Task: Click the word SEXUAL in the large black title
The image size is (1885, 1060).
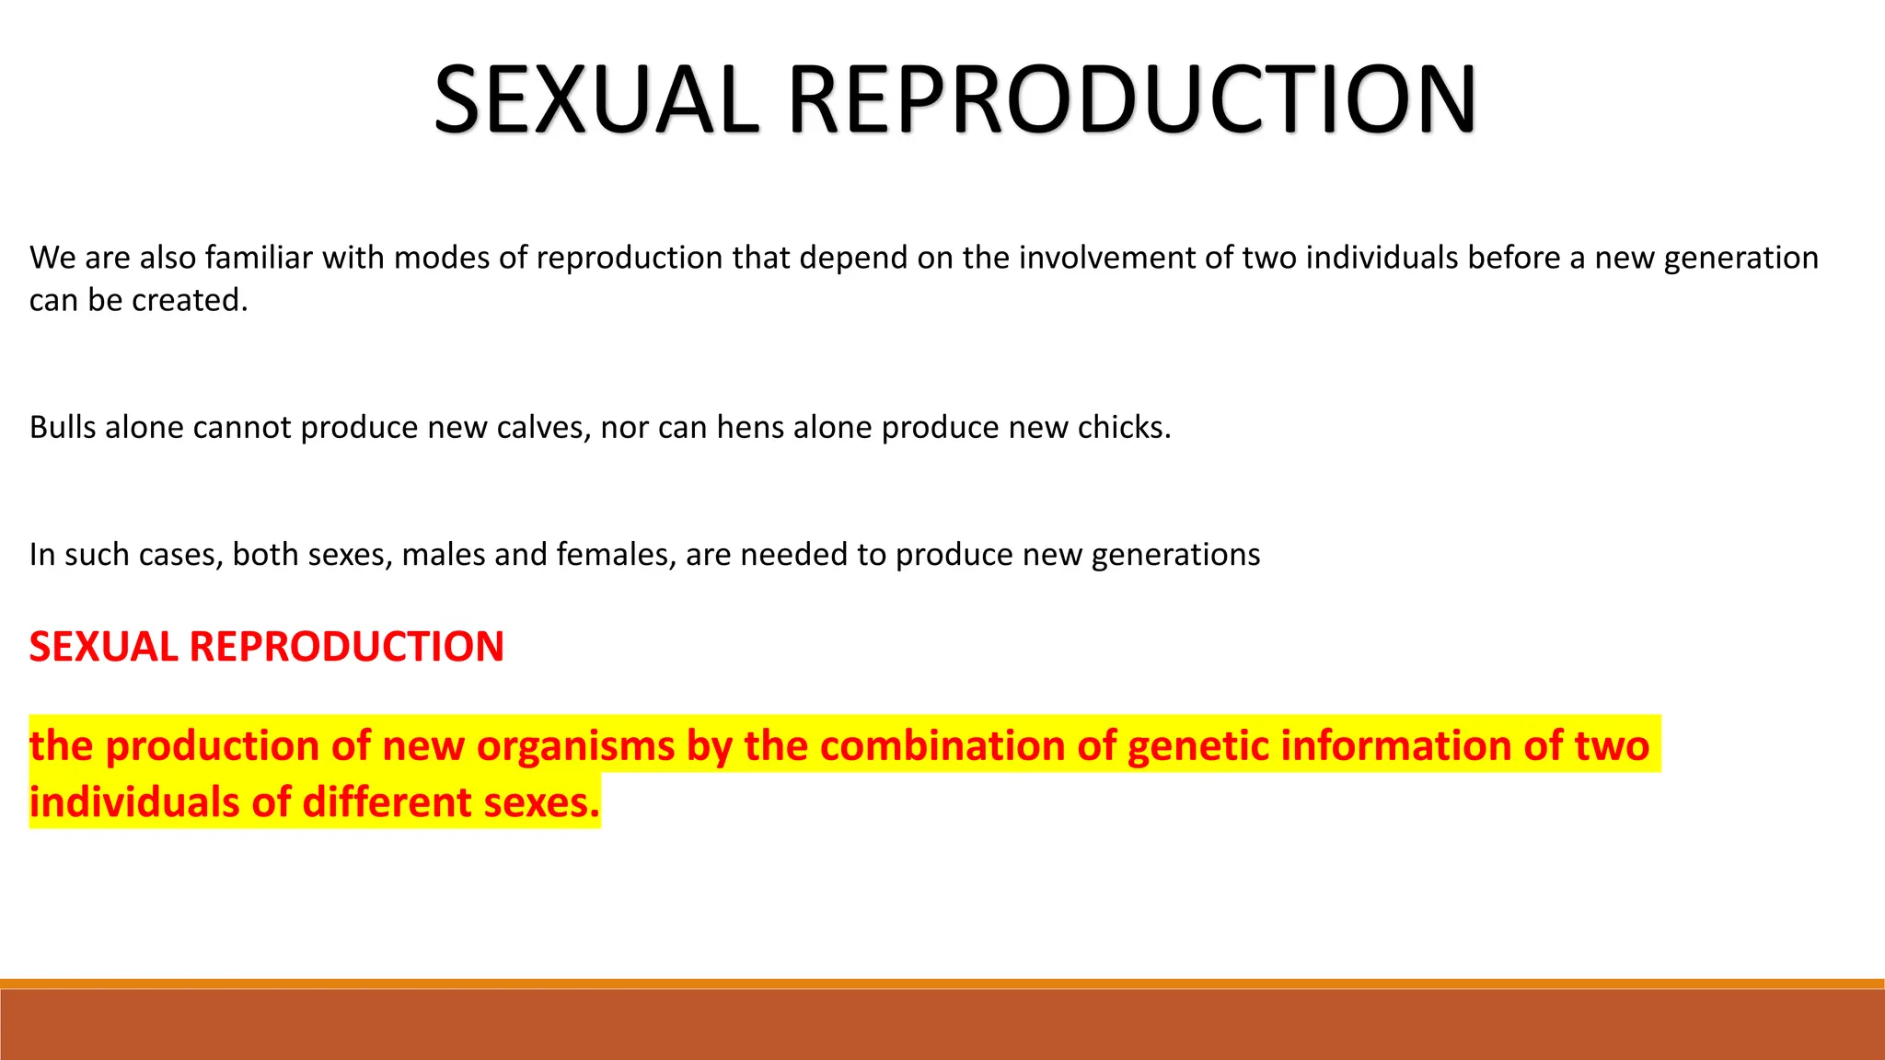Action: pyautogui.click(x=596, y=99)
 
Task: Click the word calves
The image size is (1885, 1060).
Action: pyautogui.click(x=543, y=427)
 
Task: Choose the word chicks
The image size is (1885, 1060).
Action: pyautogui.click(x=1124, y=427)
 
